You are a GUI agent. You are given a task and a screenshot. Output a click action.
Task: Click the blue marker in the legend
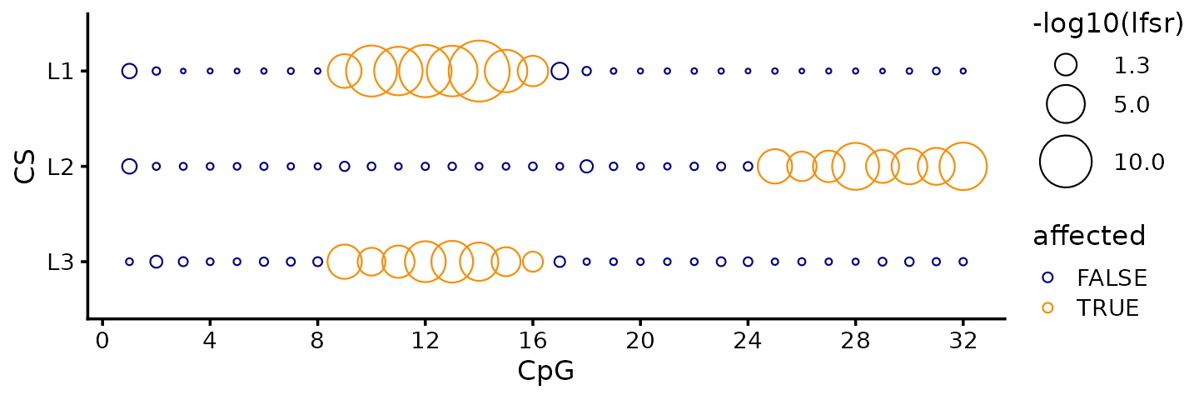[1047, 277]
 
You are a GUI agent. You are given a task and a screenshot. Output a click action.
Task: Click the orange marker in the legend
[1047, 307]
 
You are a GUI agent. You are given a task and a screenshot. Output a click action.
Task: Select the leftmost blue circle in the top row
[129, 71]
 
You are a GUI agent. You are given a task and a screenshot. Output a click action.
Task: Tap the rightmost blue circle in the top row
[963, 71]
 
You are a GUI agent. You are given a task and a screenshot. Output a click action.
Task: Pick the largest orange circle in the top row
[478, 71]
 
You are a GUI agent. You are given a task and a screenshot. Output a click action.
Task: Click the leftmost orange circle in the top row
[345, 71]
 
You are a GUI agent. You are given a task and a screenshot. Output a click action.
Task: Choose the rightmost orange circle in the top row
[533, 71]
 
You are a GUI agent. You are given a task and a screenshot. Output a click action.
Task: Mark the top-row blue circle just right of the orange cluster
[560, 71]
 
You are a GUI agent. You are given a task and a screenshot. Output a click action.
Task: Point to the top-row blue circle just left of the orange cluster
[317, 71]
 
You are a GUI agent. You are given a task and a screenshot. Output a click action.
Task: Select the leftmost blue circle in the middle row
[129, 167]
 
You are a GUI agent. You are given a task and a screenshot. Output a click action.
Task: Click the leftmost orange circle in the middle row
[774, 167]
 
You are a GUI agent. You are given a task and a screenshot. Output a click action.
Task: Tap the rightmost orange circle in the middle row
[963, 167]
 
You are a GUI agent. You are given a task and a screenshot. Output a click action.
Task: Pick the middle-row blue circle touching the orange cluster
[748, 167]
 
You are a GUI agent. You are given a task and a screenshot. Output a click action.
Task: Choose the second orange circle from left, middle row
[802, 167]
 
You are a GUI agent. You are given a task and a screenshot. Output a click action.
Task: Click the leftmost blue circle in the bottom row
[129, 262]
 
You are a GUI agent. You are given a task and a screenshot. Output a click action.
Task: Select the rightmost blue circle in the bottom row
[963, 262]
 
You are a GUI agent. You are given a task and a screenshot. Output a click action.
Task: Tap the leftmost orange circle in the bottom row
[345, 262]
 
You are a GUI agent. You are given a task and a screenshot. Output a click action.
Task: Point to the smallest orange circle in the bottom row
[533, 262]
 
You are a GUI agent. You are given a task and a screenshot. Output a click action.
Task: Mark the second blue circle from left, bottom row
[157, 262]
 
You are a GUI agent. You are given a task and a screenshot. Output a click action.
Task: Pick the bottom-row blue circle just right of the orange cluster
[560, 262]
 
